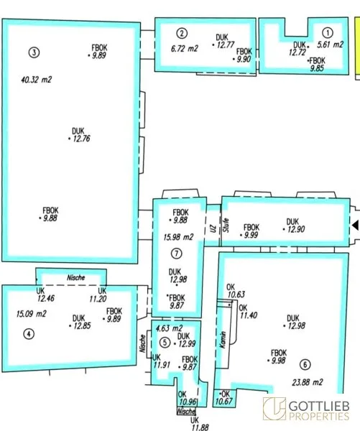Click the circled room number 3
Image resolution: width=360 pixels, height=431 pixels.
point(34,52)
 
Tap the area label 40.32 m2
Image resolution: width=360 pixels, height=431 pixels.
point(37,80)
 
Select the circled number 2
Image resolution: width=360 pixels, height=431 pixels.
point(182,34)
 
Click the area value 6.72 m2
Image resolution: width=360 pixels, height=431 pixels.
point(184,49)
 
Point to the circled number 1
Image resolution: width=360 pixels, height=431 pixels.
point(328,33)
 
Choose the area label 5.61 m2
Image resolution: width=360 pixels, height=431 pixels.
point(330,45)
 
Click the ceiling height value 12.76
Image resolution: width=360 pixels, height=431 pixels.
point(82,139)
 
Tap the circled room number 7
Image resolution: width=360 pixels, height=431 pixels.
point(176,253)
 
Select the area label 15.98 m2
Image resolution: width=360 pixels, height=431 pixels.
point(178,237)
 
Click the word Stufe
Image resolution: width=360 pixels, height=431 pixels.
point(226,225)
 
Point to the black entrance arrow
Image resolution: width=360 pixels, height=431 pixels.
point(356,226)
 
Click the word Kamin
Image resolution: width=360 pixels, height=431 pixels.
point(223,340)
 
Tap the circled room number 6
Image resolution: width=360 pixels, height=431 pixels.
point(305,364)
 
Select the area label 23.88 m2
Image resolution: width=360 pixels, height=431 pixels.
point(308,382)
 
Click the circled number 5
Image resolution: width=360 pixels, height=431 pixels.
point(165,343)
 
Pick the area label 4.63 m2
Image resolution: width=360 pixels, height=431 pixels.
point(169,328)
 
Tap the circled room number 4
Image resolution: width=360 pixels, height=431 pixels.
point(29,334)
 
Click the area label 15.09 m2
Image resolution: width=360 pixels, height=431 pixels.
point(32,314)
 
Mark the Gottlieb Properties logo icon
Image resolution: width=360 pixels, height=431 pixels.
point(274,409)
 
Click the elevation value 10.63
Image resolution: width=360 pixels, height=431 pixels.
point(236,295)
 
